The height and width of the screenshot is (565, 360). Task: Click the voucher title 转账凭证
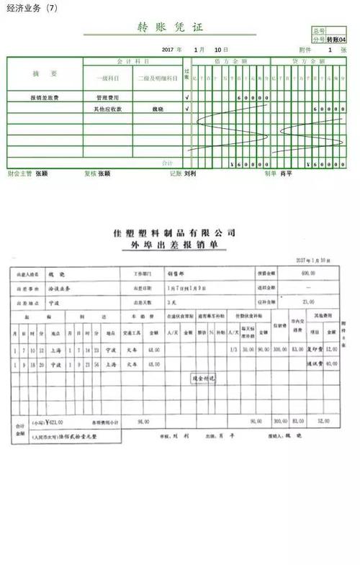(170, 28)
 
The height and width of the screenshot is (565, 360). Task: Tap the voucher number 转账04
(336, 40)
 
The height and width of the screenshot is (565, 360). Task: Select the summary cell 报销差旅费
(44, 97)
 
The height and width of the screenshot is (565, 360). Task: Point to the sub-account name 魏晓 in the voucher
(157, 109)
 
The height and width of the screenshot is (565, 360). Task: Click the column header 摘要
(44, 74)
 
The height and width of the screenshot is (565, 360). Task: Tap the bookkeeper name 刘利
(191, 173)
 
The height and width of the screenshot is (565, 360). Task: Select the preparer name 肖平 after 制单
(286, 173)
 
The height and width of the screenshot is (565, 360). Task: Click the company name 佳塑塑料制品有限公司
(175, 233)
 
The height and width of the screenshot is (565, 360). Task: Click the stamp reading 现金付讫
(204, 378)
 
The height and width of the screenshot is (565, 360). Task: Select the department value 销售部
(176, 274)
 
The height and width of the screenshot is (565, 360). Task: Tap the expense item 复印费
(312, 349)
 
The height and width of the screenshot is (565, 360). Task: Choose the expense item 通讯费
(312, 364)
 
